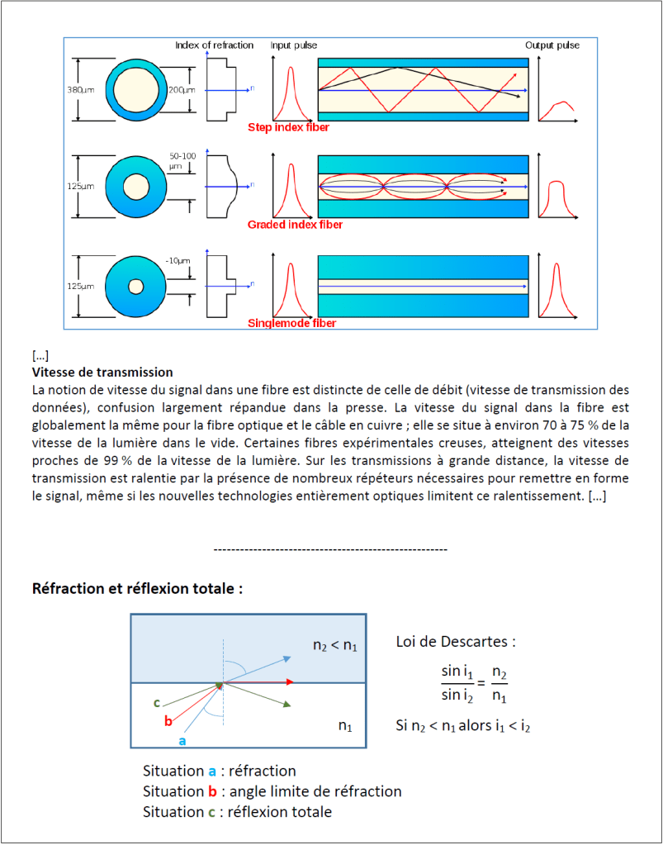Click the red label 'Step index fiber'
289,128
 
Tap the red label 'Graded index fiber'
295,225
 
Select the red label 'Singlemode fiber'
292,323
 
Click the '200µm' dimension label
181,89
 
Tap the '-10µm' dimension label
178,261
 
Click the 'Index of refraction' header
214,45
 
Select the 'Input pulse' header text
294,45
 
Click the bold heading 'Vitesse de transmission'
102,373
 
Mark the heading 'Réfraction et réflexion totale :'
137,589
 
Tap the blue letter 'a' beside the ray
182,741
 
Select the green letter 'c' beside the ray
156,703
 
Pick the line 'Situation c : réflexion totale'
237,812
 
